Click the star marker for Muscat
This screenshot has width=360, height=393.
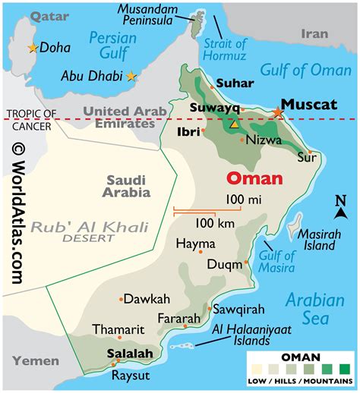(278, 112)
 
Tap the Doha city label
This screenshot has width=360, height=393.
(55, 48)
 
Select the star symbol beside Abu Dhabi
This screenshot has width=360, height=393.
(132, 76)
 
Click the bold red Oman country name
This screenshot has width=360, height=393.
(254, 179)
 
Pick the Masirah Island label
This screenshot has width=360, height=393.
(317, 239)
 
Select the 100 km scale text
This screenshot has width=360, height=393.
(214, 223)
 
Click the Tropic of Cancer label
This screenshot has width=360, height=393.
(31, 119)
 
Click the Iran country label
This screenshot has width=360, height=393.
(315, 34)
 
